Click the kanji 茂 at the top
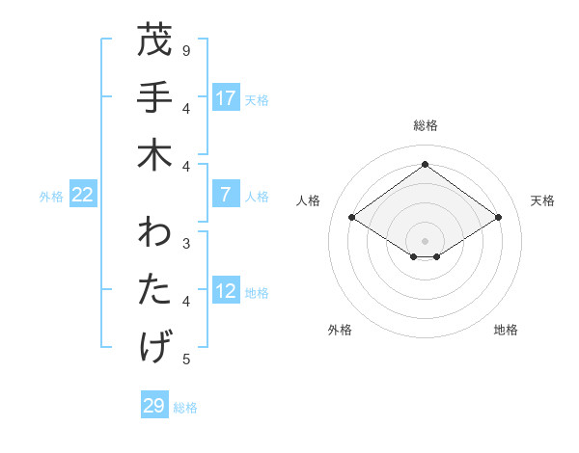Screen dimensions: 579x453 point(157,41)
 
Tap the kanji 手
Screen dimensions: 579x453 point(157,98)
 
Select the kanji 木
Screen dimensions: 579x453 point(157,155)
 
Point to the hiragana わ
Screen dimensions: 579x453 point(157,235)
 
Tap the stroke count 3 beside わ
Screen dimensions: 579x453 point(186,244)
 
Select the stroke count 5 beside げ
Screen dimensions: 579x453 point(186,360)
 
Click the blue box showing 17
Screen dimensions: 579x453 point(226,98)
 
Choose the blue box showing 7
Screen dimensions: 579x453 point(226,195)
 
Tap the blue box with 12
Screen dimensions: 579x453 point(226,292)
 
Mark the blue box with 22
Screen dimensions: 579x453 point(83,195)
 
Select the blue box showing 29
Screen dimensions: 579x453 point(154,406)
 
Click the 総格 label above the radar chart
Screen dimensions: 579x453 point(425,126)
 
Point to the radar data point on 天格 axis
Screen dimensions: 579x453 point(498,218)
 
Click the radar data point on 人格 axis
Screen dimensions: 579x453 point(352,218)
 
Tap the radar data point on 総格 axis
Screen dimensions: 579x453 point(425,164)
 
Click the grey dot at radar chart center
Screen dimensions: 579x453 point(425,240)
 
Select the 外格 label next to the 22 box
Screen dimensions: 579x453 point(51,196)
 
